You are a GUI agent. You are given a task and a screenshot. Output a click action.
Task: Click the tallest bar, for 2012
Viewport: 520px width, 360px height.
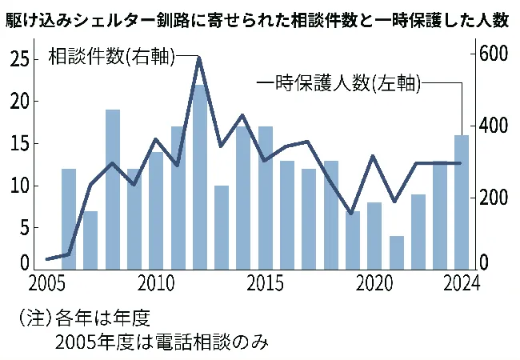pyautogui.click(x=200, y=176)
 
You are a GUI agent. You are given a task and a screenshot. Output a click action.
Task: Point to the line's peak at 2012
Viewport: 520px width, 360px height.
pyautogui.click(x=199, y=58)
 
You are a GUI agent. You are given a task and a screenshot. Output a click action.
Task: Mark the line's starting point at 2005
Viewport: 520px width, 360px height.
pyautogui.click(x=47, y=259)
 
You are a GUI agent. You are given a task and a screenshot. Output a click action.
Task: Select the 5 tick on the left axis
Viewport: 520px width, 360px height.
pyautogui.click(x=26, y=227)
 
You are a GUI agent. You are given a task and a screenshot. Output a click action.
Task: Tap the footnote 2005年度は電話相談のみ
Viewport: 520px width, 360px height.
pyautogui.click(x=161, y=342)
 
